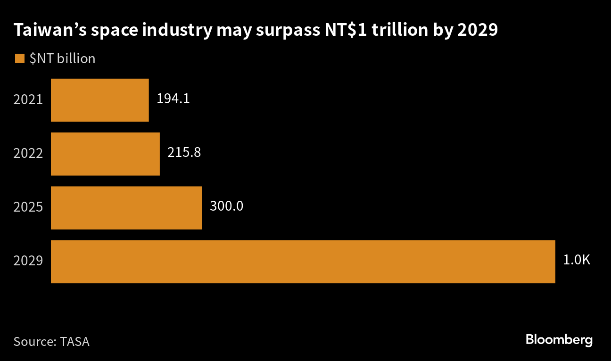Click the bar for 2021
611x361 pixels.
coord(99,100)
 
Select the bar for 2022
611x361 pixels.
coord(105,154)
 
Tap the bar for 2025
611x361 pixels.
coord(126,207)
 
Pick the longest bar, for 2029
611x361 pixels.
coord(303,262)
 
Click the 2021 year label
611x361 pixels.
coord(28,100)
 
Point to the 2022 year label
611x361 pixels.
coord(28,154)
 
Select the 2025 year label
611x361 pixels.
coord(28,207)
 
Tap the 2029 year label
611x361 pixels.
coord(28,262)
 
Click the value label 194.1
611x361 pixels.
coord(173,99)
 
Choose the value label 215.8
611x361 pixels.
coord(184,153)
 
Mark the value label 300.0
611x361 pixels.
coord(227,206)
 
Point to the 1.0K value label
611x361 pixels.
coord(577,260)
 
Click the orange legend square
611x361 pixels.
coord(19,58)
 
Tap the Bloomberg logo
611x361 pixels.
coord(559,340)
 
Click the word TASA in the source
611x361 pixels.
coord(75,342)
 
